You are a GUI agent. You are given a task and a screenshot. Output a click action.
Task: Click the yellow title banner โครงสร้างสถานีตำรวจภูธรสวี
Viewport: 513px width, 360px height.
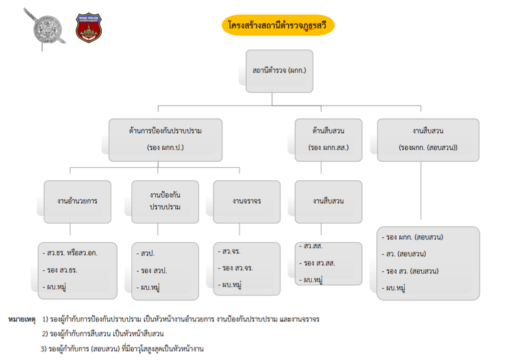pos(278,25)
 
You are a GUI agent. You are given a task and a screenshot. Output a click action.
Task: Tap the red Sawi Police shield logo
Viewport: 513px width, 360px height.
pos(89,28)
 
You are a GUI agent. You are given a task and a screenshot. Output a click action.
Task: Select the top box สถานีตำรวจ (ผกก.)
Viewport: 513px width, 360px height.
pos(280,71)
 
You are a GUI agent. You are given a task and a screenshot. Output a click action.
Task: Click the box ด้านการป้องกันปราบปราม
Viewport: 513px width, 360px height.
pos(165,140)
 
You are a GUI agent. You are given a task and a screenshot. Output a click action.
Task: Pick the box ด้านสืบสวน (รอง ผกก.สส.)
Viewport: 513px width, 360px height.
pos(329,140)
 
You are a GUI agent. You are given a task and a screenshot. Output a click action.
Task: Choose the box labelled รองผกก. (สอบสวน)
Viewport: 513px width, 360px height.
pos(428,140)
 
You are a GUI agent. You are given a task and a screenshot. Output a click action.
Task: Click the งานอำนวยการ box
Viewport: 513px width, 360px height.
pos(78,202)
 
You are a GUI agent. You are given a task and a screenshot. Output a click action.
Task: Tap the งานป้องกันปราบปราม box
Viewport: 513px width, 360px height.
pos(165,202)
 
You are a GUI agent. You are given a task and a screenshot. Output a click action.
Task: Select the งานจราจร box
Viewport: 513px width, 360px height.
pos(246,202)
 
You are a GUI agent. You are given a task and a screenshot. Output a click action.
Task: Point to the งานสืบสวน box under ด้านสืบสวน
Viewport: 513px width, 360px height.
pos(329,202)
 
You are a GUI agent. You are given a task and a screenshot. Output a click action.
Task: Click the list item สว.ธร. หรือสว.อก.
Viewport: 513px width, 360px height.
pos(70,253)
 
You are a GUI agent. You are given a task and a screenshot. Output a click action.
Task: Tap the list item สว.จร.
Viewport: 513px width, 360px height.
pos(229,251)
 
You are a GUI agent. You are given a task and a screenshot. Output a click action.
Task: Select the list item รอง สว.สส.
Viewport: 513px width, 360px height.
pos(317,263)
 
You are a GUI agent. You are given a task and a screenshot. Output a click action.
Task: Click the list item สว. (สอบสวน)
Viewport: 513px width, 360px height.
pos(404,254)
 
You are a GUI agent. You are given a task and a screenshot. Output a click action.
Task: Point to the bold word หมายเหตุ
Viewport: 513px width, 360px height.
pos(22,319)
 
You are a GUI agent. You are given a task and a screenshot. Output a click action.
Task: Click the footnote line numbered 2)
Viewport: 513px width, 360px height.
pos(103,334)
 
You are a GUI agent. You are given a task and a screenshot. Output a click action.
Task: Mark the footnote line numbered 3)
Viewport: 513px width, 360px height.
pos(122,349)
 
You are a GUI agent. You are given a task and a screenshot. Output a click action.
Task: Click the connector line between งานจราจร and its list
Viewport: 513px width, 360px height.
pos(239,229)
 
